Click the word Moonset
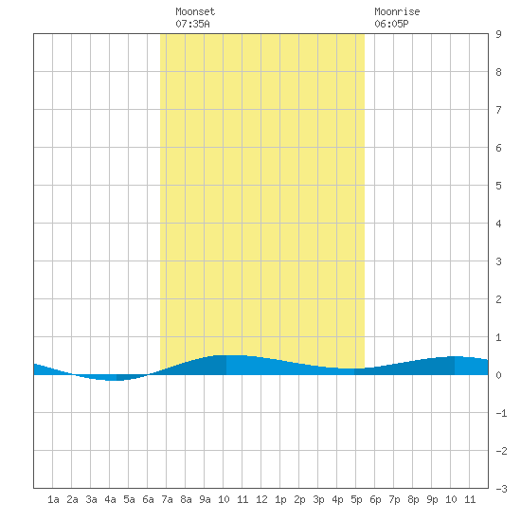pos(195,11)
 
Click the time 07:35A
pos(192,24)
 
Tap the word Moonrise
pos(397,11)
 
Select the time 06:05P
pos(391,24)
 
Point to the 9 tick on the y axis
pos(498,34)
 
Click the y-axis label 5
pos(498,186)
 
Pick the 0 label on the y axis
pos(498,375)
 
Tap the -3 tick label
pos(501,489)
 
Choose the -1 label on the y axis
pos(501,413)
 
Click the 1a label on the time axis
pos(53,499)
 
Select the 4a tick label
pos(110,499)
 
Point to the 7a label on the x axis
pos(167,499)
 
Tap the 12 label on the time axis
pos(261,499)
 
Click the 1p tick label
pos(280,499)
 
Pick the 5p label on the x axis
pos(356,499)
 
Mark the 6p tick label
pos(375,499)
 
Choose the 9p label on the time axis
pos(432,499)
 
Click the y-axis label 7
pos(498,110)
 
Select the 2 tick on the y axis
pos(498,299)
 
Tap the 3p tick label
pos(318,499)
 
